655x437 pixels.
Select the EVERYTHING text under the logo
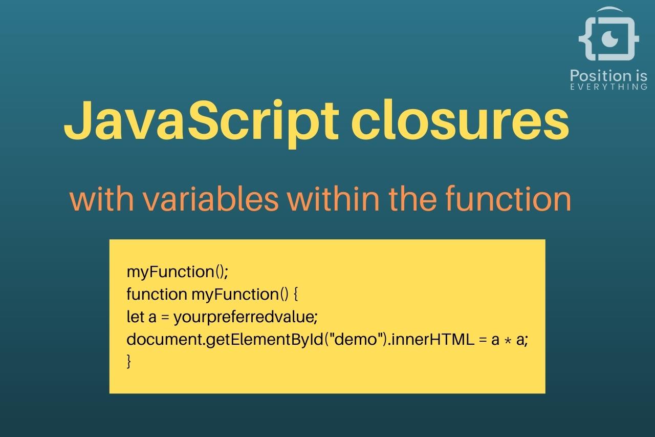click(608, 87)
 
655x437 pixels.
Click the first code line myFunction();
click(177, 272)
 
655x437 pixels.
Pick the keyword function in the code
click(157, 294)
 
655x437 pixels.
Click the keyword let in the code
click(135, 317)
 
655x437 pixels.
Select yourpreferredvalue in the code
click(245, 317)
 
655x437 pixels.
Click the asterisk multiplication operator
click(508, 340)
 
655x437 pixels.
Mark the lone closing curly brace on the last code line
click(129, 362)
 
